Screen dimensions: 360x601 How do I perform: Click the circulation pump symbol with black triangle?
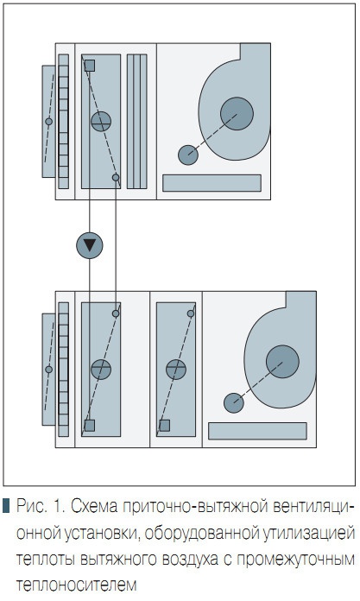[89, 245]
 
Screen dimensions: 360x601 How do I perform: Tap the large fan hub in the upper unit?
[237, 113]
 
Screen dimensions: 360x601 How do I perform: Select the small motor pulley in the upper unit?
[188, 155]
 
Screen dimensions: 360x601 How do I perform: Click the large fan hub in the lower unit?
[282, 362]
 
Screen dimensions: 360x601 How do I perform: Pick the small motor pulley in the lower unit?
[234, 403]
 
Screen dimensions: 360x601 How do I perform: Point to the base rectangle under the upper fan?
[212, 183]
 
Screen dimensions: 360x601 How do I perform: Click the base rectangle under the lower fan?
[257, 431]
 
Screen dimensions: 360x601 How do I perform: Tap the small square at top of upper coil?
[89, 66]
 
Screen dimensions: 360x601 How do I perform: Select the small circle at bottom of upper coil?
[116, 178]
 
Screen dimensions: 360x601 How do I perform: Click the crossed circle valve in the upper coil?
[101, 122]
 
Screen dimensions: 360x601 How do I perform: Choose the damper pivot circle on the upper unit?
[48, 122]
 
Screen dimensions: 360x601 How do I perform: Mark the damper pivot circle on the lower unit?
[48, 370]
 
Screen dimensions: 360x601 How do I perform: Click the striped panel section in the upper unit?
[137, 122]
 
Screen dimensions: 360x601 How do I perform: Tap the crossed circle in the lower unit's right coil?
[176, 370]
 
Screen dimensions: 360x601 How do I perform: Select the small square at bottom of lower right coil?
[165, 426]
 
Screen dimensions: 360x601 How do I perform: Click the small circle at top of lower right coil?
[191, 313]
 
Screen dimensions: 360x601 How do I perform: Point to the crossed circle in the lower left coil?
[101, 370]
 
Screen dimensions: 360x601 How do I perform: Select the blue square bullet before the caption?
[6, 506]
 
